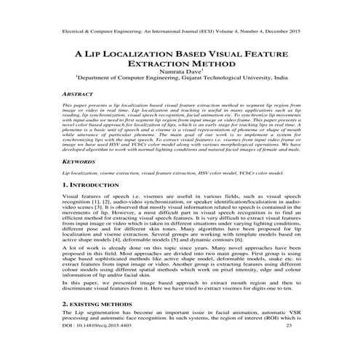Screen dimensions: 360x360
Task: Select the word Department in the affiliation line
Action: (95, 82)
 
